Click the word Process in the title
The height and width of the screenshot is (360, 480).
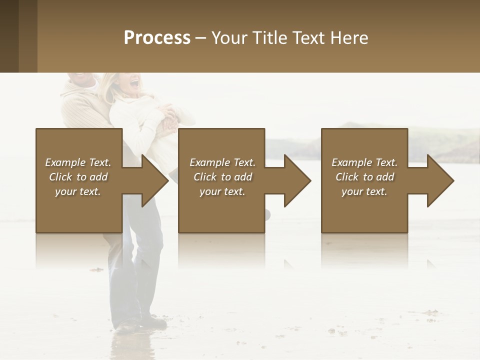point(157,38)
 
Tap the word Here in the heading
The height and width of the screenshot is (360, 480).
point(348,38)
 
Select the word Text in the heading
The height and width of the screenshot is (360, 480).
point(308,38)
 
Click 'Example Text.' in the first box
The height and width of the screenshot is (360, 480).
point(78,162)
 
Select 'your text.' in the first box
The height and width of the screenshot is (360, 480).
point(78,191)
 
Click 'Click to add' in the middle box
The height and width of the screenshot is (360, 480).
point(222,177)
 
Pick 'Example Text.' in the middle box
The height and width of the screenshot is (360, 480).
point(222,162)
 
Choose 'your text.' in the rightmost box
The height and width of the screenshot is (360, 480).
point(364,191)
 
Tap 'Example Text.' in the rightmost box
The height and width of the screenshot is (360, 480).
point(364,162)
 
